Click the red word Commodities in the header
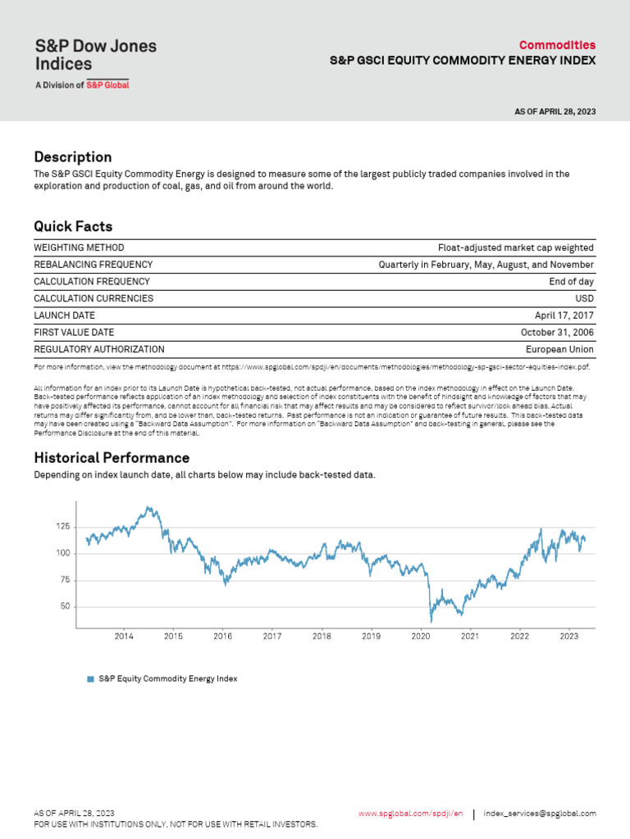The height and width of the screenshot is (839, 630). tap(557, 45)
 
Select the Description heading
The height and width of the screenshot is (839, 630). tap(72, 157)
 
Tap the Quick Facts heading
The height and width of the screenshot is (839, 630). tap(73, 226)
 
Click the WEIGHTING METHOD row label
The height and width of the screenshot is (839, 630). tap(79, 247)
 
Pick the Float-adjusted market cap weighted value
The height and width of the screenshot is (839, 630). tap(515, 247)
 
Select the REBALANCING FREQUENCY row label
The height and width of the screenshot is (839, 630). tap(93, 265)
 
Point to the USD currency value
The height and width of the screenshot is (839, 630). tap(584, 298)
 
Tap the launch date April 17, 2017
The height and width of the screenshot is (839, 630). tap(564, 315)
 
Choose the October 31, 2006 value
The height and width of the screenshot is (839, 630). tap(557, 332)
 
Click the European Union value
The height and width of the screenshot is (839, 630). tap(559, 349)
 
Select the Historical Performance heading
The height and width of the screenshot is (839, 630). tap(112, 458)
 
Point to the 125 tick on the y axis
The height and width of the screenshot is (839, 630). tap(62, 527)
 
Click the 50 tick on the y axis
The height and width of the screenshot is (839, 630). tap(65, 607)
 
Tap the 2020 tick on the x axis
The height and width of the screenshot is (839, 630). tap(420, 636)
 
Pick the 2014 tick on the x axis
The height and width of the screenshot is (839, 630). tap(124, 636)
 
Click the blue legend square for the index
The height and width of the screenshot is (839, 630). tap(90, 679)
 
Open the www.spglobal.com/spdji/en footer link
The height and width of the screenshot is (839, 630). tap(411, 814)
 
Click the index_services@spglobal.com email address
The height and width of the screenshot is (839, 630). tap(540, 814)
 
